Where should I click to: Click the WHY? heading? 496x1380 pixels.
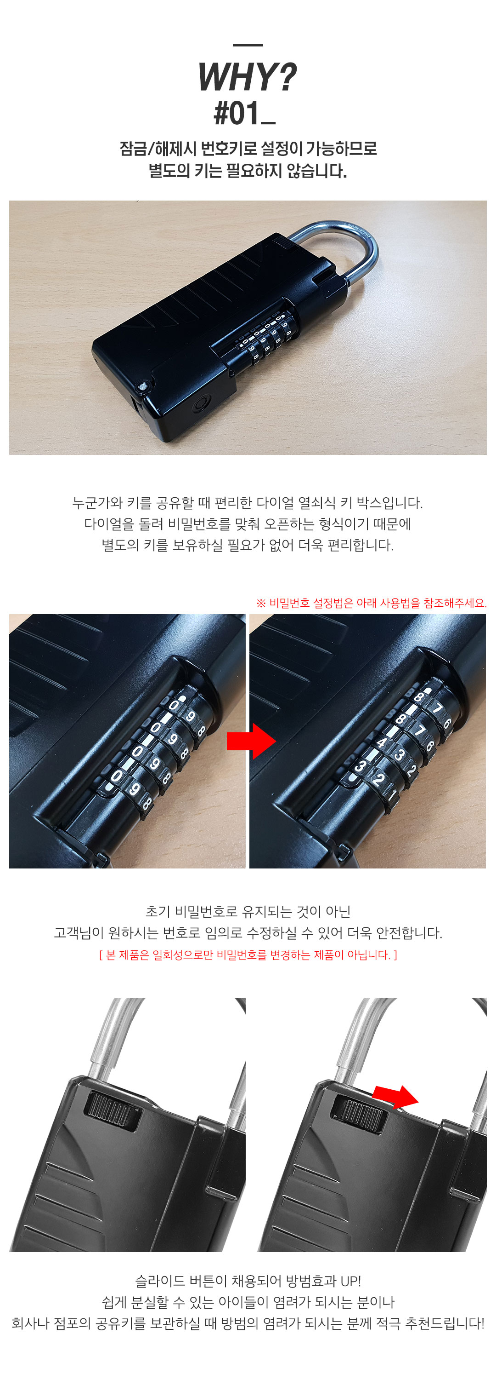coord(247,77)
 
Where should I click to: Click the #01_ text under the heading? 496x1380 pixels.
coord(244,113)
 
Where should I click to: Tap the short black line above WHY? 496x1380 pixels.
coord(248,45)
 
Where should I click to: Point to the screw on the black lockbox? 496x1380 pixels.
coord(143,385)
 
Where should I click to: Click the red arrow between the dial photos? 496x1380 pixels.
coord(251,741)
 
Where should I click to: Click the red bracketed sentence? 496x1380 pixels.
coord(248,954)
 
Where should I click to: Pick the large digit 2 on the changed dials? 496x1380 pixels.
coord(379,779)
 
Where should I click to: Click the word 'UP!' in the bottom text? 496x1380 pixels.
coord(350,1281)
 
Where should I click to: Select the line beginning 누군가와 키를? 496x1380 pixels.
coord(248,502)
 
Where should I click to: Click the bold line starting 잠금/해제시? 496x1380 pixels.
coord(248,149)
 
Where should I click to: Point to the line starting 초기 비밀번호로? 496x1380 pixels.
coord(248,911)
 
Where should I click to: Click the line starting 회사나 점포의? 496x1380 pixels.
coord(248,1323)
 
